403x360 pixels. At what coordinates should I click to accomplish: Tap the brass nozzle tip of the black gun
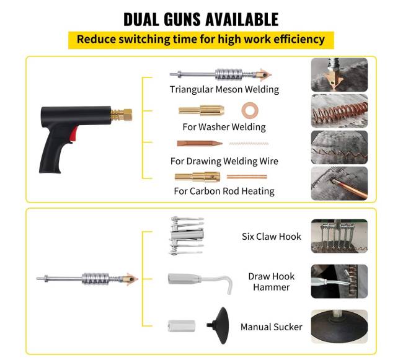[x=128, y=115]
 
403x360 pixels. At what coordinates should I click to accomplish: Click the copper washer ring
[x=250, y=110]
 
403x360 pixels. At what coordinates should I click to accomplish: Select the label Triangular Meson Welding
[x=224, y=89]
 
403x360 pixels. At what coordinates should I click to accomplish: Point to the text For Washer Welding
[x=224, y=127]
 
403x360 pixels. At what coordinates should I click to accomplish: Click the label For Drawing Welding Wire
[x=224, y=161]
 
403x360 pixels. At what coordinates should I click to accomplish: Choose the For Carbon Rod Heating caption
[x=224, y=191]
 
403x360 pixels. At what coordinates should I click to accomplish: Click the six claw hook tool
[x=186, y=236]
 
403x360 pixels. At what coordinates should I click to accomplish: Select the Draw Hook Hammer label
[x=272, y=282]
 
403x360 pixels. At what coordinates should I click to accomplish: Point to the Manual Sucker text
[x=271, y=327]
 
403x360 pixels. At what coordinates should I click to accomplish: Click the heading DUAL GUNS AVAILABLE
[x=201, y=19]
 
